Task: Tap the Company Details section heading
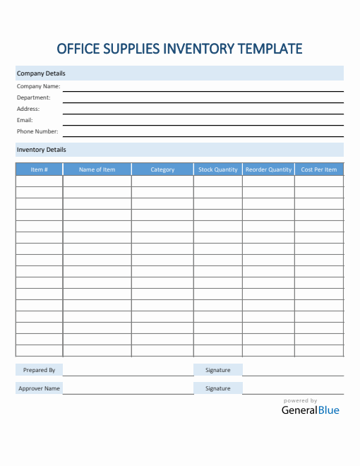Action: pyautogui.click(x=41, y=73)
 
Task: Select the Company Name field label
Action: pyautogui.click(x=38, y=86)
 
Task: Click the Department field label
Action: pyautogui.click(x=34, y=97)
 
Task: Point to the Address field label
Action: pyautogui.click(x=28, y=109)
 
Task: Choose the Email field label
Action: pyautogui.click(x=25, y=120)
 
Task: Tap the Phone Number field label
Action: pyautogui.click(x=37, y=131)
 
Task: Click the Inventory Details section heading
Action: pyautogui.click(x=42, y=150)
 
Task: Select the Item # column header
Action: pyautogui.click(x=40, y=169)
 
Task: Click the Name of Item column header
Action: pyautogui.click(x=97, y=169)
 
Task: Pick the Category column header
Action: pyautogui.click(x=162, y=169)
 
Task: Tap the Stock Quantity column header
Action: pyautogui.click(x=218, y=169)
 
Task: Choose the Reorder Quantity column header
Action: pyautogui.click(x=268, y=169)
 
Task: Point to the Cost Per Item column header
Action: pyautogui.click(x=319, y=169)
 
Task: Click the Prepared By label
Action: pyautogui.click(x=40, y=370)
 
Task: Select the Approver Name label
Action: pyautogui.click(x=40, y=388)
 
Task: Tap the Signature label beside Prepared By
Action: pyautogui.click(x=218, y=370)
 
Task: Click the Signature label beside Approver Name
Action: pyautogui.click(x=218, y=388)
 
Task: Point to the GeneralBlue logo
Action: pyautogui.click(x=311, y=410)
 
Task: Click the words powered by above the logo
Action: pyautogui.click(x=301, y=400)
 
